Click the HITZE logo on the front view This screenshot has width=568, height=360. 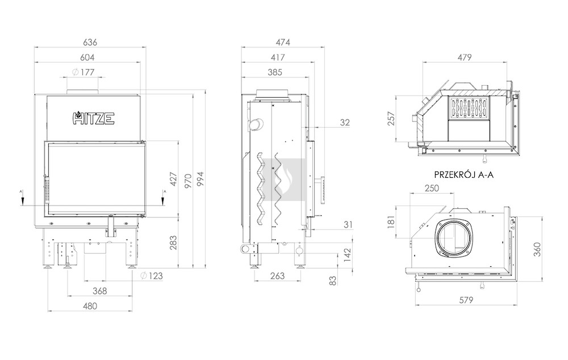[x=94, y=118]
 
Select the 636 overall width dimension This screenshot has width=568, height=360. [x=90, y=42]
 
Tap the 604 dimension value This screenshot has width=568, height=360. [x=87, y=57]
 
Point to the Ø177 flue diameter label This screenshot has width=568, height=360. [x=83, y=72]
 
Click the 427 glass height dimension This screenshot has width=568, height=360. [x=173, y=179]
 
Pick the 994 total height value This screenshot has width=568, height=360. [x=200, y=179]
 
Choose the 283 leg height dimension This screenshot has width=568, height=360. [x=173, y=242]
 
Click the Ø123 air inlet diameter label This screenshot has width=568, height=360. [x=152, y=276]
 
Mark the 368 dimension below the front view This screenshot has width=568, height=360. [x=99, y=291]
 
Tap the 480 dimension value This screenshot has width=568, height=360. [x=90, y=306]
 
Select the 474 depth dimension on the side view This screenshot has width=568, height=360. [x=283, y=42]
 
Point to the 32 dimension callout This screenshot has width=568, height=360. [x=345, y=123]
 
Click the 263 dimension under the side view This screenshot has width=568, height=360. [x=278, y=276]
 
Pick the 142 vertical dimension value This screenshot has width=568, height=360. [x=348, y=255]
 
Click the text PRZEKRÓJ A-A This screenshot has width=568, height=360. [x=463, y=175]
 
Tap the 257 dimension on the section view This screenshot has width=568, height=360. [x=391, y=119]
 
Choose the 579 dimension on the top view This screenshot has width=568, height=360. [x=466, y=300]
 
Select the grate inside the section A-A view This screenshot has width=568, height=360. [x=469, y=108]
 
